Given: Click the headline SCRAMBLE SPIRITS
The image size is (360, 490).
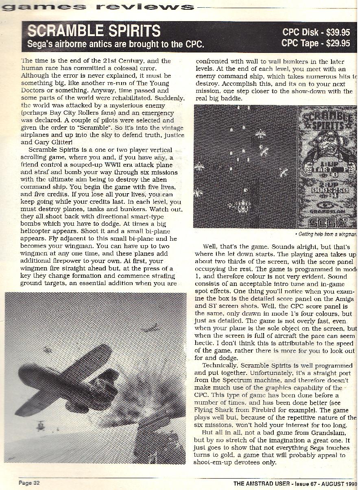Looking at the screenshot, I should [94, 31].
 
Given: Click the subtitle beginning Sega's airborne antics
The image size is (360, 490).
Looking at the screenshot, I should [115, 44].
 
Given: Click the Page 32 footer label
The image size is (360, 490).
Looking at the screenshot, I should [29, 483].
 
